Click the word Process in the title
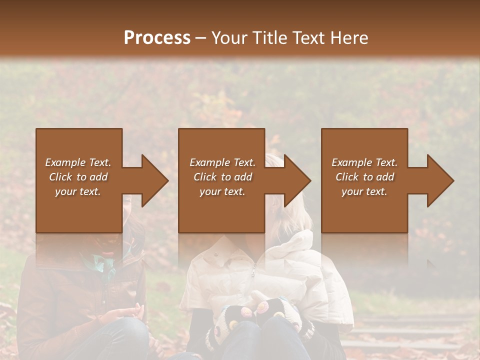point(157,37)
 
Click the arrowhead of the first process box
point(154,180)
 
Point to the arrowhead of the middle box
point(297,180)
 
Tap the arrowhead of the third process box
point(440,180)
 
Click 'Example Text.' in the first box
point(78,162)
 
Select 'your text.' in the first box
point(78,191)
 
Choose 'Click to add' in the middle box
point(222,177)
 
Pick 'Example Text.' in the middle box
point(222,162)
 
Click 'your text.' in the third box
point(364,191)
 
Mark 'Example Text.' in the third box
point(364,162)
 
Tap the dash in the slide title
point(200,38)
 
